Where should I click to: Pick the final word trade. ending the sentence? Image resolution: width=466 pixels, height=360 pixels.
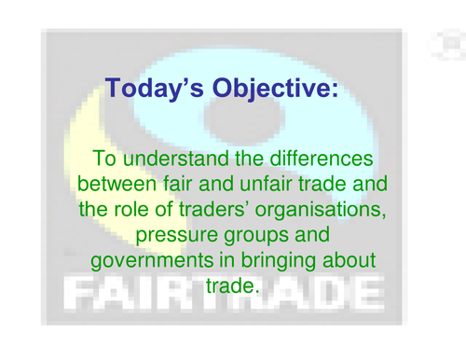[230, 284]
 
